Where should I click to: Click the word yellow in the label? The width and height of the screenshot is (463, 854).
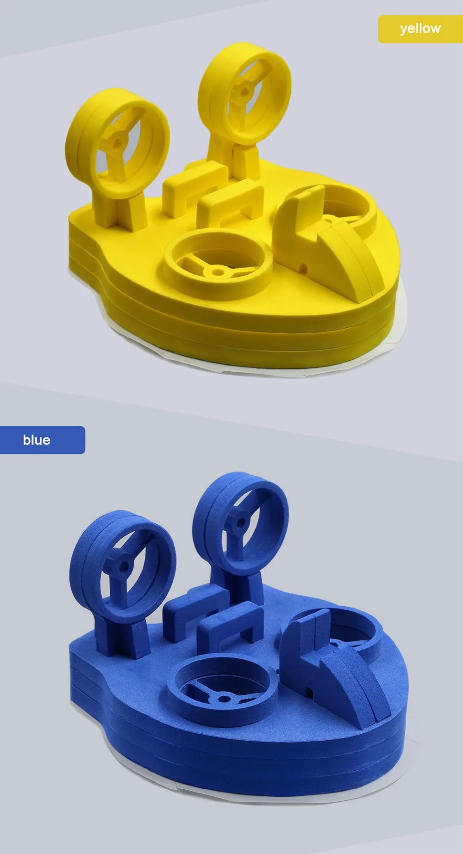coord(420,29)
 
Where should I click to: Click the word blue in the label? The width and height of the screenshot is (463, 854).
coord(37,440)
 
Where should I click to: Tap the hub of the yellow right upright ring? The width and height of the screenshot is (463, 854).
coord(244,92)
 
